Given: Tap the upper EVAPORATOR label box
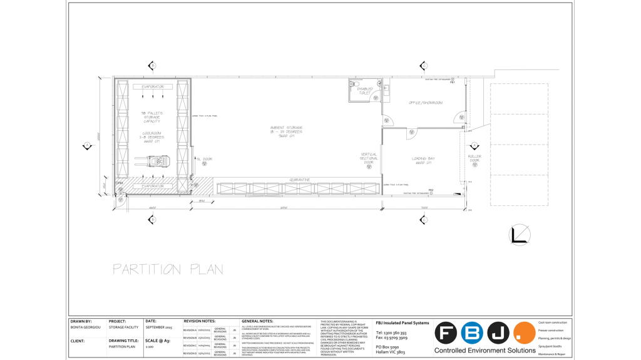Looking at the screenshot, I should [x=152, y=87].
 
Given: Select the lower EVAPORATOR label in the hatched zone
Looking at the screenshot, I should [x=152, y=186].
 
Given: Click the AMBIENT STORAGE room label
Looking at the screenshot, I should [x=286, y=131].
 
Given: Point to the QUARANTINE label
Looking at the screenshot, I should [x=299, y=180].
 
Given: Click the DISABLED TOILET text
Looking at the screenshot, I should [x=365, y=91].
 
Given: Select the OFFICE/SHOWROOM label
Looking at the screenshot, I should [x=426, y=103].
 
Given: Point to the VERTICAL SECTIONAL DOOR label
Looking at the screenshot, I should [x=369, y=158].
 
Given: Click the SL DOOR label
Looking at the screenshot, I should [x=205, y=159].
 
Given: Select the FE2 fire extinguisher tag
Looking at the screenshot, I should [x=431, y=190].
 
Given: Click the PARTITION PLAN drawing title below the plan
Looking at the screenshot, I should [x=168, y=269].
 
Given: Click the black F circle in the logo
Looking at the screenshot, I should [x=446, y=333].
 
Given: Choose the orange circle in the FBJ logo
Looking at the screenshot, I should [x=524, y=333].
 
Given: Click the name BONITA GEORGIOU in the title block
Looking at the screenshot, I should [x=85, y=327].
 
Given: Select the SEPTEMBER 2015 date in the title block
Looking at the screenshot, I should [x=159, y=327].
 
